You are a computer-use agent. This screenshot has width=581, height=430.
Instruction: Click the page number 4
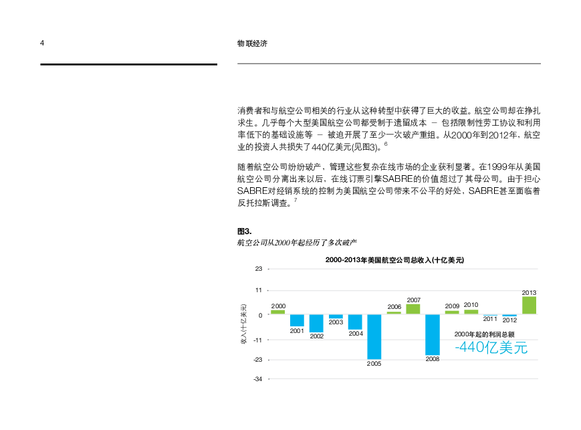(42, 43)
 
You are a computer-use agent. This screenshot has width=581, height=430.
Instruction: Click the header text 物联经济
(252, 43)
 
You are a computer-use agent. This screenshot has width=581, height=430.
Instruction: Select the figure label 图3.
(244, 231)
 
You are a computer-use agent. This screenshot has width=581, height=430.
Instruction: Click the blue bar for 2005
(374, 336)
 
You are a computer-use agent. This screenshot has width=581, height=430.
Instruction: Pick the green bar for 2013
(529, 305)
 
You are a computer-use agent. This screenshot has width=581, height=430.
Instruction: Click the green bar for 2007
(413, 309)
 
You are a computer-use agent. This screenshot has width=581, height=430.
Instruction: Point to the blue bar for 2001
(297, 320)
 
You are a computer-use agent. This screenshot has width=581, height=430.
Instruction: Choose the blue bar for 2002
(316, 323)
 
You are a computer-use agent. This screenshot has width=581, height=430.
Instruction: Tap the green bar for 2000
(277, 312)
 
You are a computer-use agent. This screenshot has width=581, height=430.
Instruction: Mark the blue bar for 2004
(355, 322)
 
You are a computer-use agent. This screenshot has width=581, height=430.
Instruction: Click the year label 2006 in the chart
(394, 306)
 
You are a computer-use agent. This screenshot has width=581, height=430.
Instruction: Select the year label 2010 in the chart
(471, 305)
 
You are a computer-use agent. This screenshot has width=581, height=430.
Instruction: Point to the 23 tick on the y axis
(259, 269)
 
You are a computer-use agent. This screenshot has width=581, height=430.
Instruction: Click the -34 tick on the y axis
(257, 379)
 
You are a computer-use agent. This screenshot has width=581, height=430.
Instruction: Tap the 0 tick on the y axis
(260, 314)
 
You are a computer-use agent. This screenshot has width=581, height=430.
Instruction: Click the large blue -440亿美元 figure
(491, 348)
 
